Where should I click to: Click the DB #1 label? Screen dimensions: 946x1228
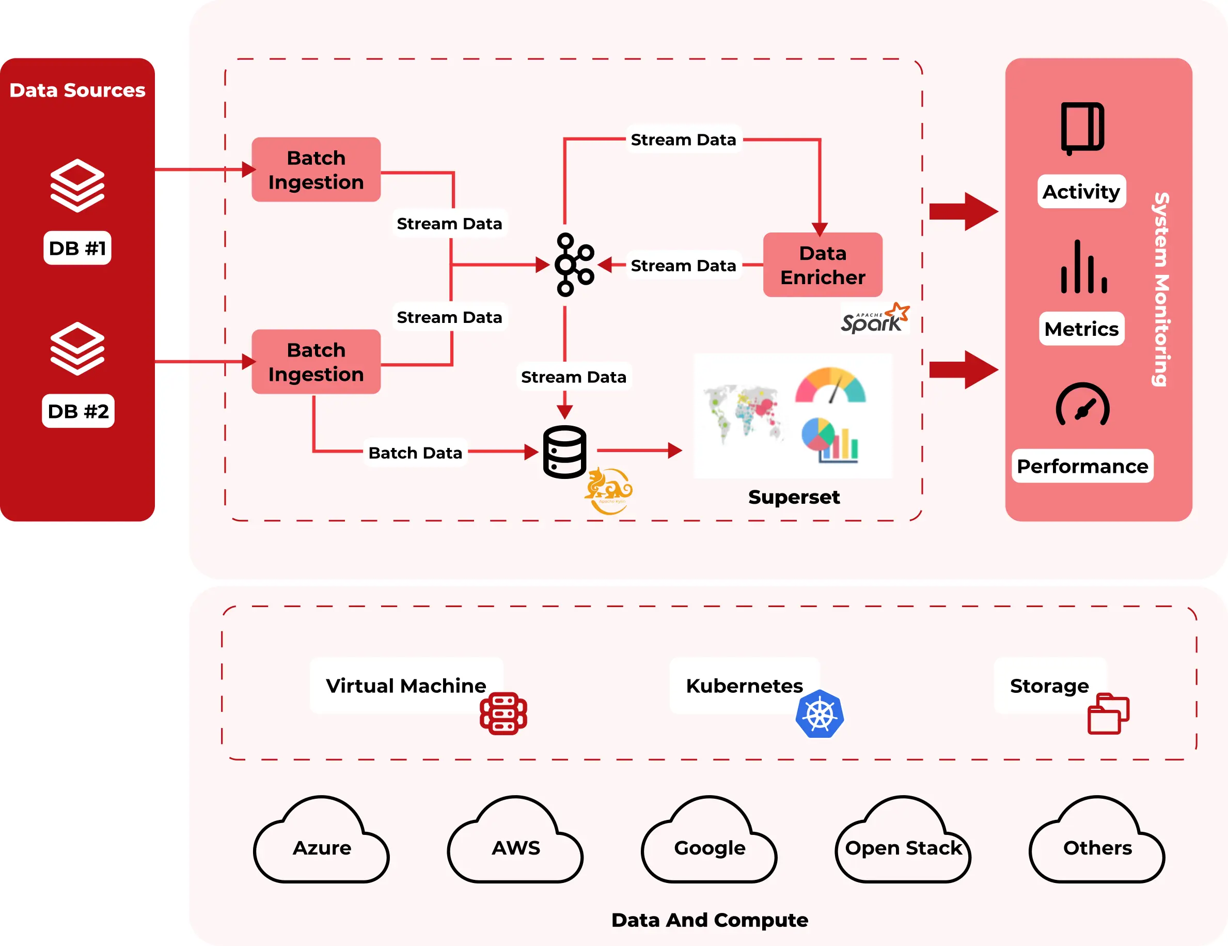point(77,248)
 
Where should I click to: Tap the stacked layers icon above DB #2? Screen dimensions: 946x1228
point(77,349)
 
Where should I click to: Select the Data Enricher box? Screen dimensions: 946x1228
point(822,265)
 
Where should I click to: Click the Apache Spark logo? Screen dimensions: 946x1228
point(874,319)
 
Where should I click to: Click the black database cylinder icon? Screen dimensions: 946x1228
point(564,452)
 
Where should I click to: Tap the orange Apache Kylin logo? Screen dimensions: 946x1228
point(608,490)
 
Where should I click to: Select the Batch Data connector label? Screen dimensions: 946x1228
point(415,453)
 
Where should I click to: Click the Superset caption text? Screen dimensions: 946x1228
point(793,497)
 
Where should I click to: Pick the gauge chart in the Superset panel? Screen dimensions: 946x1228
point(830,386)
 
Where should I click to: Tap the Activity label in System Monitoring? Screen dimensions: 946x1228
point(1081,192)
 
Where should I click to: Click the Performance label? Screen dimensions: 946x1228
point(1082,466)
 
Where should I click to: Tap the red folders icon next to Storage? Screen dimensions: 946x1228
point(1108,714)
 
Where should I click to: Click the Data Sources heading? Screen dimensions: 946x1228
point(77,90)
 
